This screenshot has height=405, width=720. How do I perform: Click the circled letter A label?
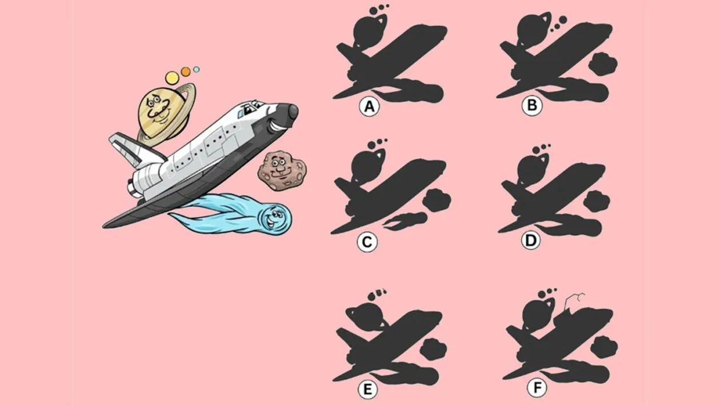coord(370,107)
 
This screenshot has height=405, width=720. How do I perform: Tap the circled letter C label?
coord(367,242)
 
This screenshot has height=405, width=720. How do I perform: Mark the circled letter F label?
coord(537,388)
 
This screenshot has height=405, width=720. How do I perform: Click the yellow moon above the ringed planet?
coord(173,77)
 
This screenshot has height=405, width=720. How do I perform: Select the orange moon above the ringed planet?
coord(186,71)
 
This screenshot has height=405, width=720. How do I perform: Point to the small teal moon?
coord(197,69)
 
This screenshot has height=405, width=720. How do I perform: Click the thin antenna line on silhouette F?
coord(575,299)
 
